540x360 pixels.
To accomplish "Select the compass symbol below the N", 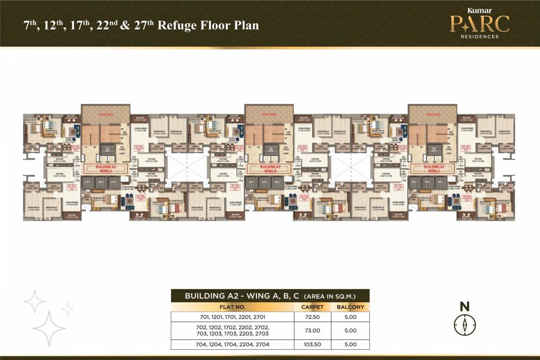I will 465,324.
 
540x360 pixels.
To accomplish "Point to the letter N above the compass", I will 465,307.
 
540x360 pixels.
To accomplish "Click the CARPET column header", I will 313,307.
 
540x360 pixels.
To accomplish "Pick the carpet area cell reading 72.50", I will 313,317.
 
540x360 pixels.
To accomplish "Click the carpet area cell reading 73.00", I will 313,330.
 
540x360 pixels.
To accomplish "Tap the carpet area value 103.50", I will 313,345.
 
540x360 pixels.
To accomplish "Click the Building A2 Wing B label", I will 271,168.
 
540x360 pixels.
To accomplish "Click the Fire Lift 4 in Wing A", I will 106,150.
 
